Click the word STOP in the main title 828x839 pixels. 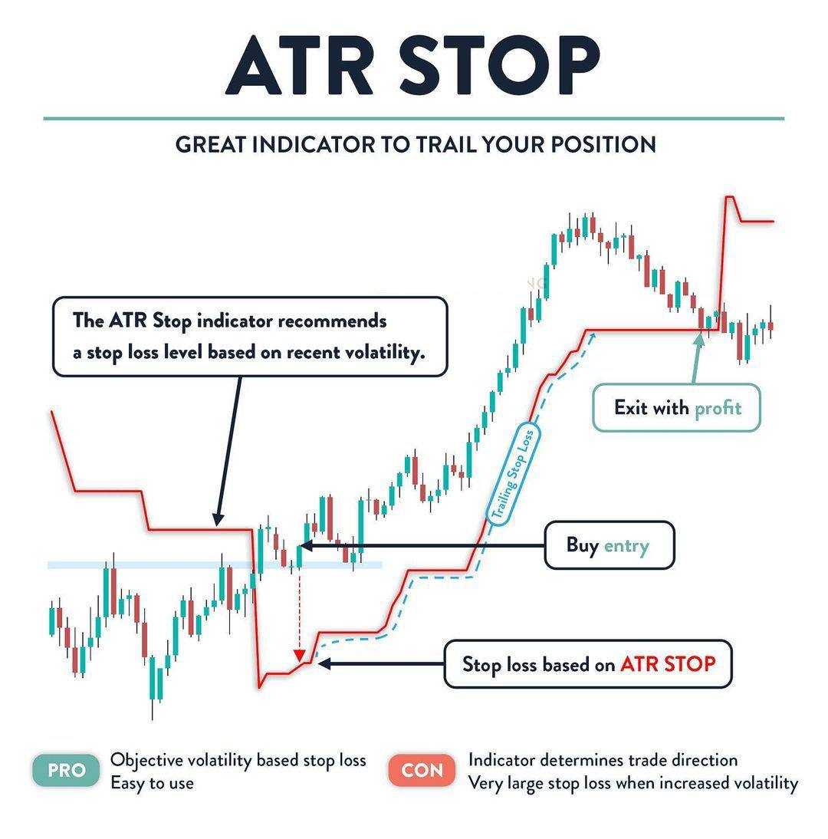pyautogui.click(x=500, y=66)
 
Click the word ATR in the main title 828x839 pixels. pyautogui.click(x=300, y=67)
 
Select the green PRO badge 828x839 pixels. pyautogui.click(x=67, y=771)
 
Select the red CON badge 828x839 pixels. pyautogui.click(x=422, y=771)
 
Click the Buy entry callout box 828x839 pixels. pyautogui.click(x=609, y=545)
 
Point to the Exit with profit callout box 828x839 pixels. pyautogui.click(x=676, y=408)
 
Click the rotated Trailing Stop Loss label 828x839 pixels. pyautogui.click(x=513, y=475)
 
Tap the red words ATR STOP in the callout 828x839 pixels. pyautogui.click(x=668, y=664)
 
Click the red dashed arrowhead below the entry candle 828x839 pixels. pyautogui.click(x=300, y=656)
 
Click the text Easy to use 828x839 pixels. pyautogui.click(x=153, y=783)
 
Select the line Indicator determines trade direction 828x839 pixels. pyautogui.click(x=603, y=760)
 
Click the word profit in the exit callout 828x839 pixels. pyautogui.click(x=718, y=408)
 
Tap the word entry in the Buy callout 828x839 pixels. pyautogui.click(x=626, y=546)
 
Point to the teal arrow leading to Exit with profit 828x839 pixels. pyautogui.click(x=697, y=358)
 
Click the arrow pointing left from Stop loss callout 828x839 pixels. pyautogui.click(x=381, y=663)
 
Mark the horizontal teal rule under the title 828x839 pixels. pyautogui.click(x=414, y=118)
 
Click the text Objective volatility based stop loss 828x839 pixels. pyautogui.click(x=238, y=760)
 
